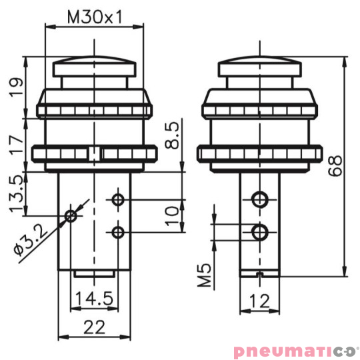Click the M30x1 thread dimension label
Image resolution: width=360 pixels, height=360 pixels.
pos(94,17)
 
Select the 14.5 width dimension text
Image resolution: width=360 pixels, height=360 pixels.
pos(93,297)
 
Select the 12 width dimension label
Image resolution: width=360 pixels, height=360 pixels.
pos(260,301)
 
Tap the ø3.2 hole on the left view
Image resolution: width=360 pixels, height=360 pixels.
pos(71,215)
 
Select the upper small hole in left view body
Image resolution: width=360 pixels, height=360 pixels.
pos(118,199)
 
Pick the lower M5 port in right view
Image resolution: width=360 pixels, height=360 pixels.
pos(260,231)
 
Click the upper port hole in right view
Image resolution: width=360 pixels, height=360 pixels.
pos(260,199)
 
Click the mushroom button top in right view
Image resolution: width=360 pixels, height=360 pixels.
pos(260,66)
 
